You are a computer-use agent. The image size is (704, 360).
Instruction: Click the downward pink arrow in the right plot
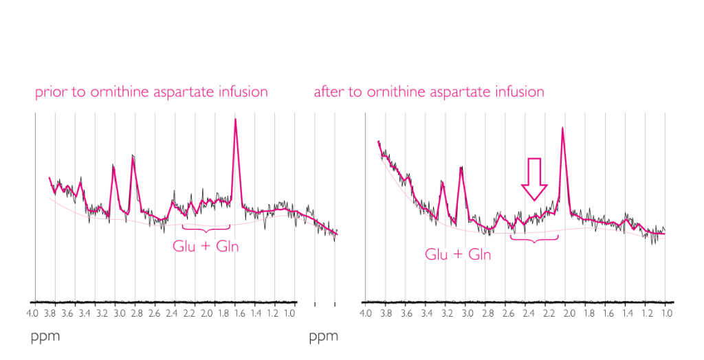click(x=534, y=178)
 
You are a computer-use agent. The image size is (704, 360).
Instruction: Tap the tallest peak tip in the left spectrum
click(x=236, y=121)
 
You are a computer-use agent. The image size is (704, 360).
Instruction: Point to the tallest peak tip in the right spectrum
click(x=562, y=128)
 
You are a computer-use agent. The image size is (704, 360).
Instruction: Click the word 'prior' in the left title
click(x=49, y=92)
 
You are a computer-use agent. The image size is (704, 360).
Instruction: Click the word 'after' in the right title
click(x=329, y=92)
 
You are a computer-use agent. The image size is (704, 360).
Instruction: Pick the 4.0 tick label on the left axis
click(x=32, y=314)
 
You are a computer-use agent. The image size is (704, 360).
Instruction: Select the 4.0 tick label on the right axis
click(x=366, y=314)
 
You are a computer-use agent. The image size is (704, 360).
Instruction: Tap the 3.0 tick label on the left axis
click(x=120, y=314)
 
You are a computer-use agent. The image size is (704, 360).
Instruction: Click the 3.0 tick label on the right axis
click(x=467, y=314)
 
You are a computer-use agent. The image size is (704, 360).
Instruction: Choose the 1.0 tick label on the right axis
click(x=667, y=314)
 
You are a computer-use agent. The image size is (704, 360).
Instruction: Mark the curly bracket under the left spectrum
click(x=206, y=227)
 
